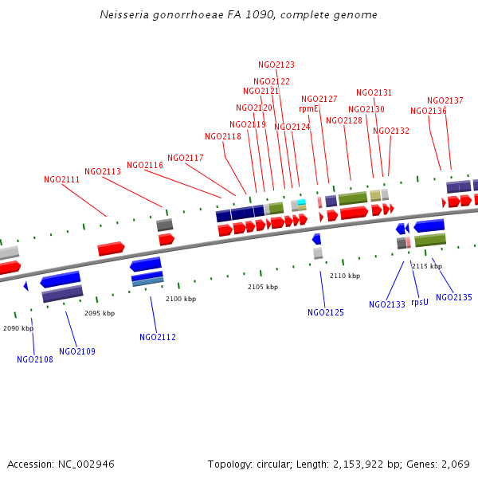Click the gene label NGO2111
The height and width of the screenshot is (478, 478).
61,180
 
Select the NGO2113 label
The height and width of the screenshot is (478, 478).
103,171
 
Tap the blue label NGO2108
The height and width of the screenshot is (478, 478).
35,359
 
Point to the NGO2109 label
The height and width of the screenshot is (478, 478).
77,351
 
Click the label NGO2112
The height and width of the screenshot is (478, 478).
158,337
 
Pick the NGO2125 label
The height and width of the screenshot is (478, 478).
326,312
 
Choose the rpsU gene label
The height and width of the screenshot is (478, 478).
420,302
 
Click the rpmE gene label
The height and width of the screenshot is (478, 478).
308,108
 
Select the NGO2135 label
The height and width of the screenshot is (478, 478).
454,297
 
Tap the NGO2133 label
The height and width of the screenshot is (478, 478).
387,304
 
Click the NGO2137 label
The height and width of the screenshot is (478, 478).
445,100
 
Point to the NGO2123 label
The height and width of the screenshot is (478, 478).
276,65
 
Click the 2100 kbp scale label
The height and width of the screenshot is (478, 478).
181,299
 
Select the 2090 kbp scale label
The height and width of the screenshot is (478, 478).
18,328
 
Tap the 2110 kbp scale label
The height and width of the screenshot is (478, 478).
345,276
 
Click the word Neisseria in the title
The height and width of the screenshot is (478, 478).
127,15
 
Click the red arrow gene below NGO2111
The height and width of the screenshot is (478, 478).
111,249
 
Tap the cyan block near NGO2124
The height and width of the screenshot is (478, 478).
301,202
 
